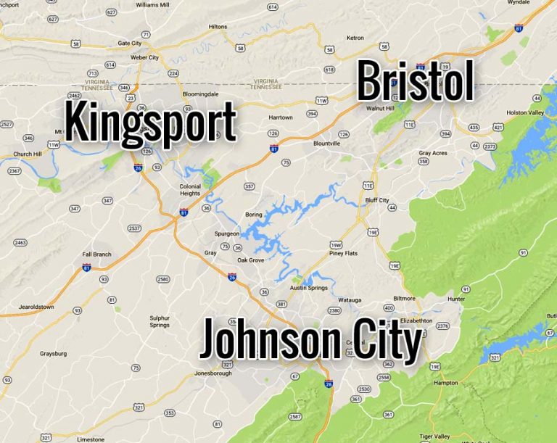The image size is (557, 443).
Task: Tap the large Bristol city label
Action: tap(415, 81)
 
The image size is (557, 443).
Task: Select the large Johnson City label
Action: tap(310, 341)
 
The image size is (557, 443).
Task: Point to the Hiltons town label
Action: tap(218, 27)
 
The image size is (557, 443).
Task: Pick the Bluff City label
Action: tap(377, 200)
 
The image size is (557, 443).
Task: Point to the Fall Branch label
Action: tap(97, 254)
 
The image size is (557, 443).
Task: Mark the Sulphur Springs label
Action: tap(160, 321)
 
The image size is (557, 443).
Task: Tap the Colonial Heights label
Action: tap(190, 189)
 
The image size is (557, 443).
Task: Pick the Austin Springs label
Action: tap(309, 288)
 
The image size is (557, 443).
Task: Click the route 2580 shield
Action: tap(162, 279)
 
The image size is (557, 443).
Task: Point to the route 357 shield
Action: tap(249, 186)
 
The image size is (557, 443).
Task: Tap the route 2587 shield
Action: tap(295, 416)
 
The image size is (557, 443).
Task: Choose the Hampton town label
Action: tap(445, 382)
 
